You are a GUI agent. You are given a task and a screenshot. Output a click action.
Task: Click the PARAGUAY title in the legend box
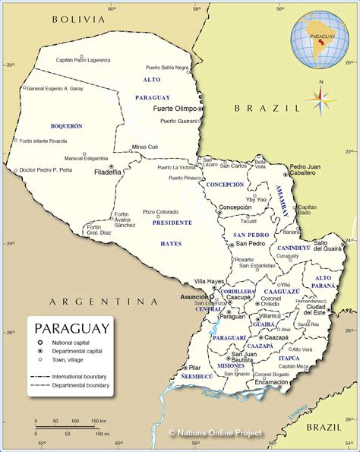click(71, 328)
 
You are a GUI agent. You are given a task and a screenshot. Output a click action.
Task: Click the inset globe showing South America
click(322, 38)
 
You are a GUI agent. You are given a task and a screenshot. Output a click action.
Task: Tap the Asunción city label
click(194, 297)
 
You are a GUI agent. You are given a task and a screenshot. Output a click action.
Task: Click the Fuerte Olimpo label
click(175, 109)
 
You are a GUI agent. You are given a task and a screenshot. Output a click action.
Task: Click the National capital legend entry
click(69, 344)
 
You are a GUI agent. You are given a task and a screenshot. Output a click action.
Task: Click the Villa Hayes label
click(210, 281)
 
